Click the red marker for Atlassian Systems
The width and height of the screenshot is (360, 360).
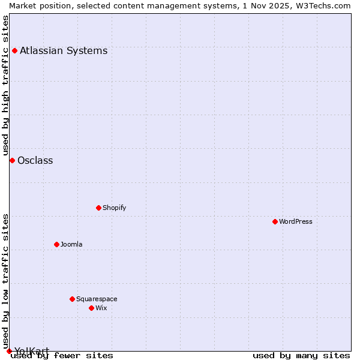tap(14, 50)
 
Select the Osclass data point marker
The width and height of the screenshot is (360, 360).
tap(12, 160)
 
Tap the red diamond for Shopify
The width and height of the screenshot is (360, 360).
tap(98, 208)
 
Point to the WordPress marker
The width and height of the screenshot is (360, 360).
tap(275, 221)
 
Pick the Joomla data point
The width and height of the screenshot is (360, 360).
tap(56, 244)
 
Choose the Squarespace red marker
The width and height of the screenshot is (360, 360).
tap(72, 299)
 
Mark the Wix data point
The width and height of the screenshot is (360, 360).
tap(91, 308)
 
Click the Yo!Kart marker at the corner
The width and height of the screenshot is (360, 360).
tap(9, 351)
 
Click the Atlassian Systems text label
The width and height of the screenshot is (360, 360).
tap(64, 50)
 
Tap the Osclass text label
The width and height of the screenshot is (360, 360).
tap(35, 160)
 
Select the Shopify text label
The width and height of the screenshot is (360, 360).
tap(114, 208)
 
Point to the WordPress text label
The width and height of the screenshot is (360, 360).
tap(295, 221)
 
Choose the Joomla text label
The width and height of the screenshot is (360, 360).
tap(71, 244)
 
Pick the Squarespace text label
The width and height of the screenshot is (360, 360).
tap(97, 299)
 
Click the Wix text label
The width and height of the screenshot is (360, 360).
tap(101, 308)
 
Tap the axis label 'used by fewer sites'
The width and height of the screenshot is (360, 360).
tap(62, 356)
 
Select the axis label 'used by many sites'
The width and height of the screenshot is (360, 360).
tap(301, 356)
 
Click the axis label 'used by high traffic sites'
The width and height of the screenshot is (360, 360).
tap(6, 84)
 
